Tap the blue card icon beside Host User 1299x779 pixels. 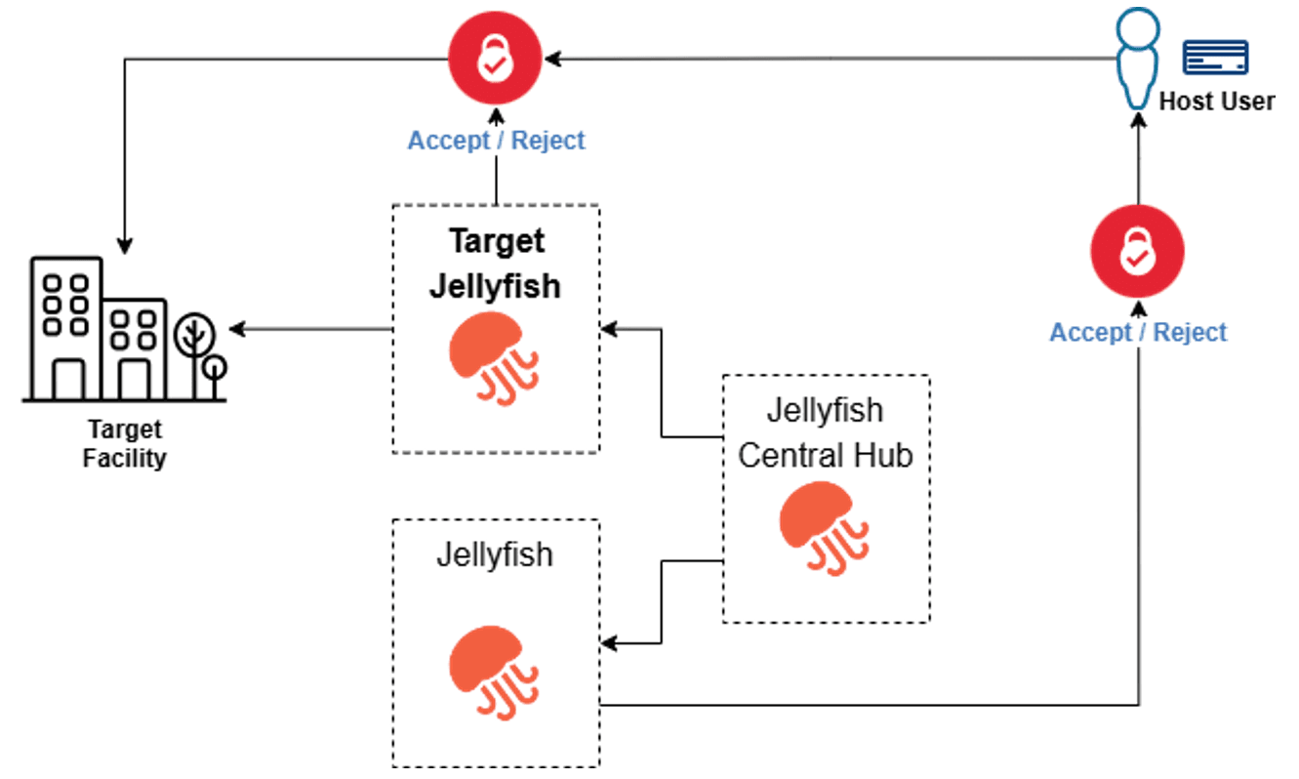tap(1215, 58)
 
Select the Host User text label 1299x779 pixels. tap(1216, 102)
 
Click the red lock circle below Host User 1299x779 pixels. tap(1137, 252)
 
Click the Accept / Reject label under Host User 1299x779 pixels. tap(1138, 332)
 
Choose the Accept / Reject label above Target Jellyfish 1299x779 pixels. tap(496, 140)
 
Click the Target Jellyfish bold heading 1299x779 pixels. tap(496, 264)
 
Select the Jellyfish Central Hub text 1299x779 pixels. tap(826, 432)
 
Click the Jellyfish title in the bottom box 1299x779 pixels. tap(494, 554)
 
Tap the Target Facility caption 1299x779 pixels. tap(124, 444)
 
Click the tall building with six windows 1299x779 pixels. tap(66, 327)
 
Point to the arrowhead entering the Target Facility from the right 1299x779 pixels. tap(235, 330)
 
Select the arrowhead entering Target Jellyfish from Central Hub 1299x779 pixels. tap(609, 330)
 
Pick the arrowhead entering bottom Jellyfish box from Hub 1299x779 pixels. tap(609, 643)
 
